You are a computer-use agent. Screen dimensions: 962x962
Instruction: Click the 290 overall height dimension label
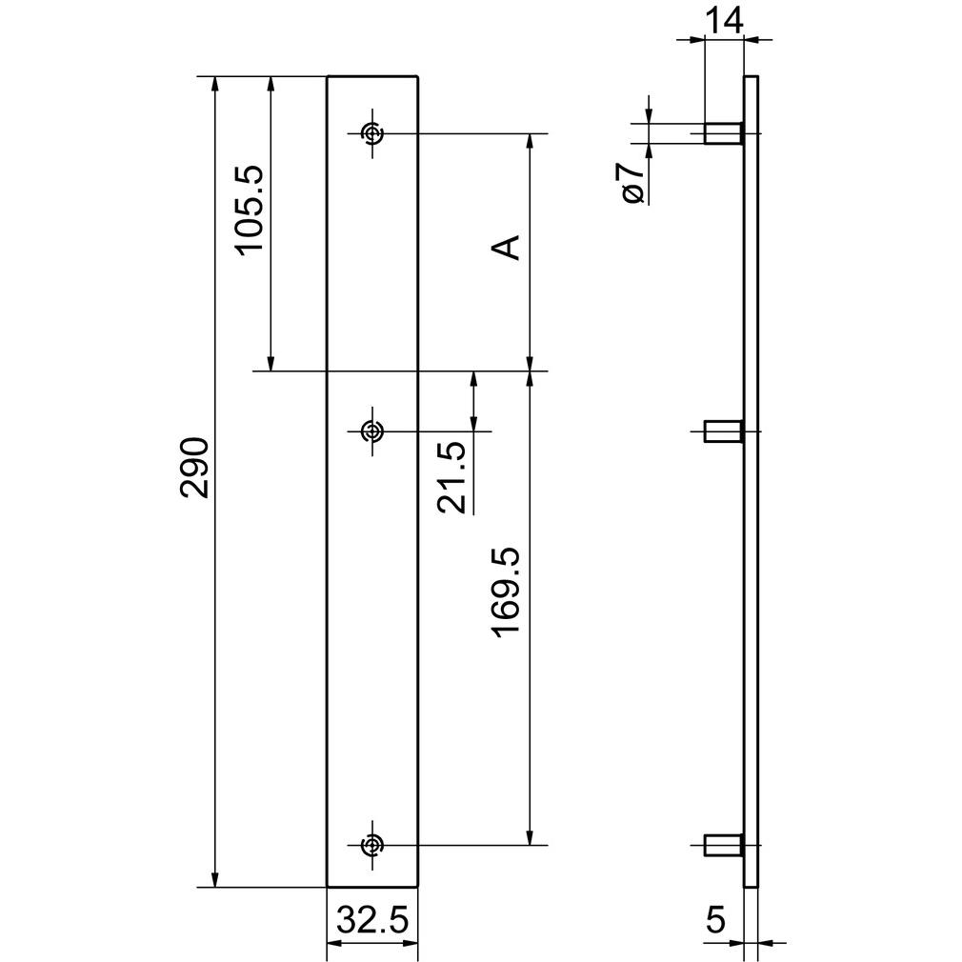[195, 467]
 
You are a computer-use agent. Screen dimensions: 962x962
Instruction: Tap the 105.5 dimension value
[250, 208]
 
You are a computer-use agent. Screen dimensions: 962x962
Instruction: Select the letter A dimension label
[506, 248]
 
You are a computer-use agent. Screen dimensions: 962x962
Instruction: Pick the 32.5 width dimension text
[372, 920]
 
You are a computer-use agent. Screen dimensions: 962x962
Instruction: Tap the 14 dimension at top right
[724, 20]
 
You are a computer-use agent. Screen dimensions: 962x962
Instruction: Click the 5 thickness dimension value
[716, 920]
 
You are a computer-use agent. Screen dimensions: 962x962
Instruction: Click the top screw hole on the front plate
[371, 133]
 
